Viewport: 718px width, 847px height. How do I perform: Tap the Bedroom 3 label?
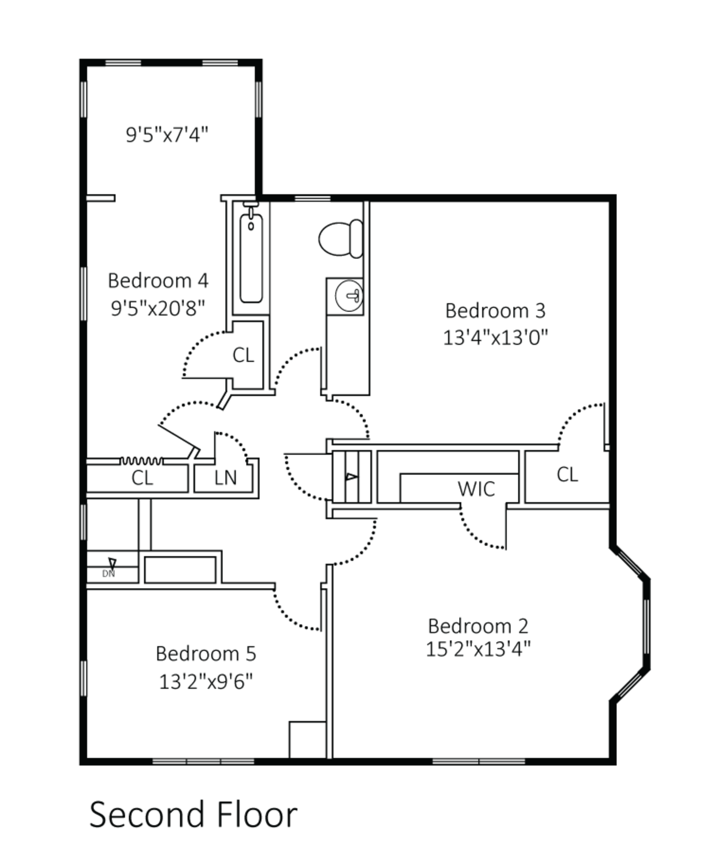(x=495, y=311)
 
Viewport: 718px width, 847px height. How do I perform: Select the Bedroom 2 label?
(x=478, y=627)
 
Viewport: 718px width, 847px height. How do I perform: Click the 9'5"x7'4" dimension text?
(x=167, y=135)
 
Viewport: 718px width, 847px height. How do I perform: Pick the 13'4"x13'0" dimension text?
(x=495, y=338)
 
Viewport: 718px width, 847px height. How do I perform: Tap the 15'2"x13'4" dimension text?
(x=478, y=649)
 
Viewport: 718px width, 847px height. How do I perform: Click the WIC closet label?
(x=476, y=488)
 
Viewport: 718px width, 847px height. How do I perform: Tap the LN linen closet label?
(x=225, y=478)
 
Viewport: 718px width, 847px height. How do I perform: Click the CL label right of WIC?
(x=567, y=474)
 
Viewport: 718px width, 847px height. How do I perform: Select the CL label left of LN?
(x=143, y=478)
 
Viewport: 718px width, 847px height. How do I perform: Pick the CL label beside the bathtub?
(x=244, y=355)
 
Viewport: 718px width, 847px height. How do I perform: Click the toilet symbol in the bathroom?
(x=340, y=237)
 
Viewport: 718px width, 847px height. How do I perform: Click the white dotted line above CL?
(x=142, y=460)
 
